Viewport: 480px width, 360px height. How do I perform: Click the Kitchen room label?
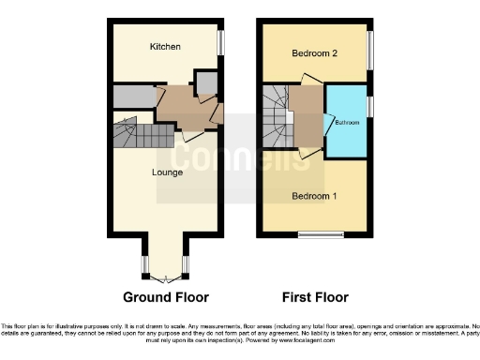pyautogui.click(x=165, y=46)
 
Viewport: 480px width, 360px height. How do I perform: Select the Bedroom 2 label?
pyautogui.click(x=314, y=53)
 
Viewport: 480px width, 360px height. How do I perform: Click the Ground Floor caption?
pyautogui.click(x=165, y=297)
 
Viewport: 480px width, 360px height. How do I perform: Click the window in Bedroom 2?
pyautogui.click(x=370, y=52)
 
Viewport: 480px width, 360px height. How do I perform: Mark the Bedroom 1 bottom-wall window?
pyautogui.click(x=314, y=233)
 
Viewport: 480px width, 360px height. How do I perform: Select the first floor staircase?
pyautogui.click(x=277, y=117)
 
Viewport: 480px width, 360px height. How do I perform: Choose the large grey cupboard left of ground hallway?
pyautogui.click(x=132, y=96)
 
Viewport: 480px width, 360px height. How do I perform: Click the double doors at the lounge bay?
pyautogui.click(x=165, y=278)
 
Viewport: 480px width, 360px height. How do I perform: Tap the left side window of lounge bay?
pyautogui.click(x=144, y=263)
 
